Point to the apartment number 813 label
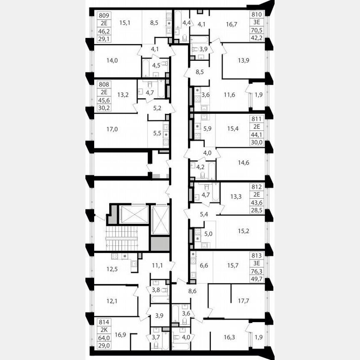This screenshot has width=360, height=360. tap(257, 255)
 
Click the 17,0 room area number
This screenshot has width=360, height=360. tap(112, 129)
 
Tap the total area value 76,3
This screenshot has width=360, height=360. tap(257, 270)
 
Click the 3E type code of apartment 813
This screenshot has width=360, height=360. tap(257, 262)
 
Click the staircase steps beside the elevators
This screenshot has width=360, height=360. tap(122, 239)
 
